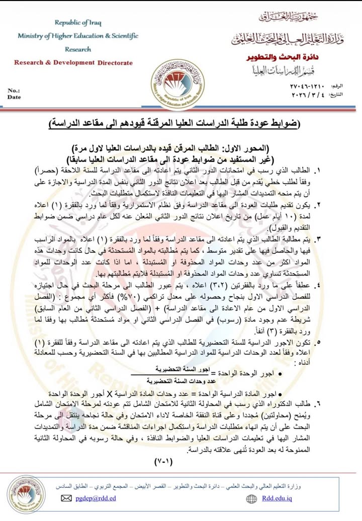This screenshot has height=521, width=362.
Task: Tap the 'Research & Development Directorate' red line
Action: click(x=73, y=63)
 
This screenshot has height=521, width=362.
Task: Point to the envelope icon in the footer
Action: click(x=66, y=498)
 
